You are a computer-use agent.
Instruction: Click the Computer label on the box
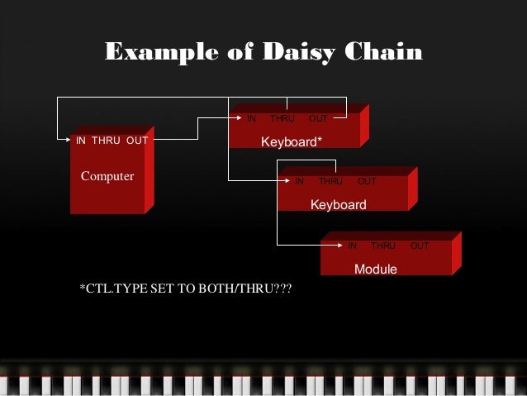[107, 176]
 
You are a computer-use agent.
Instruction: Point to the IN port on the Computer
[81, 141]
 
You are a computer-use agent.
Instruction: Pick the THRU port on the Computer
[106, 141]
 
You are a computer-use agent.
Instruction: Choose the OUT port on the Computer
[137, 141]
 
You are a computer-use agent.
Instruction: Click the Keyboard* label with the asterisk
[292, 142]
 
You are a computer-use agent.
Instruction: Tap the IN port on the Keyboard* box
[252, 119]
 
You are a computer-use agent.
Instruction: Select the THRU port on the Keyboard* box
[282, 119]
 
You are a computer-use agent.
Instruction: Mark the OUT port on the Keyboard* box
[318, 119]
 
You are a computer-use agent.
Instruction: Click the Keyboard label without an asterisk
[338, 204]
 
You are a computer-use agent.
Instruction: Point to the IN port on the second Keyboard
[300, 181]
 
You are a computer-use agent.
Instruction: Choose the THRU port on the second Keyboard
[330, 181]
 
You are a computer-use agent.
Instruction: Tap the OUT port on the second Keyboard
[367, 181]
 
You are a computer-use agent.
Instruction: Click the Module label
[376, 270]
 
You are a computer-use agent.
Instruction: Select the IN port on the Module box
[352, 246]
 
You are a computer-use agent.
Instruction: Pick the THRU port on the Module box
[383, 246]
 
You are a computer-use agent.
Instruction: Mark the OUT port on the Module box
[420, 246]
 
